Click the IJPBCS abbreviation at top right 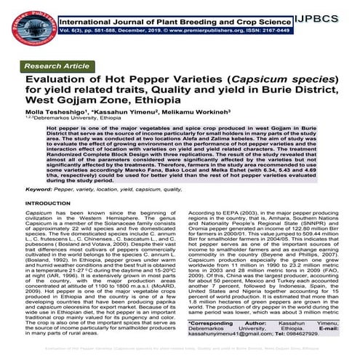(331, 12)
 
